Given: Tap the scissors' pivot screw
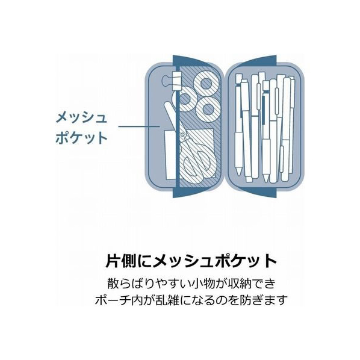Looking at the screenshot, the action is coord(182,135).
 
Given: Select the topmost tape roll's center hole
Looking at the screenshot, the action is coord(206,84).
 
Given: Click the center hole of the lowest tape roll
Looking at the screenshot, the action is coord(208,109).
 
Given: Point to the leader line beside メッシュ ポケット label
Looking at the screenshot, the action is coord(139,126).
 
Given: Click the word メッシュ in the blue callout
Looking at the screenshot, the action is coord(81,118).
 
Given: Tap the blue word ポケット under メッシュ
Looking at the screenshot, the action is coord(81,138).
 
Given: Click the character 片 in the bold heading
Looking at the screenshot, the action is coord(113,261).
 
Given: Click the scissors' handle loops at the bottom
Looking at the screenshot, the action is coord(198,166).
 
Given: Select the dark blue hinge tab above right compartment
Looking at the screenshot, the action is coord(258,61).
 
